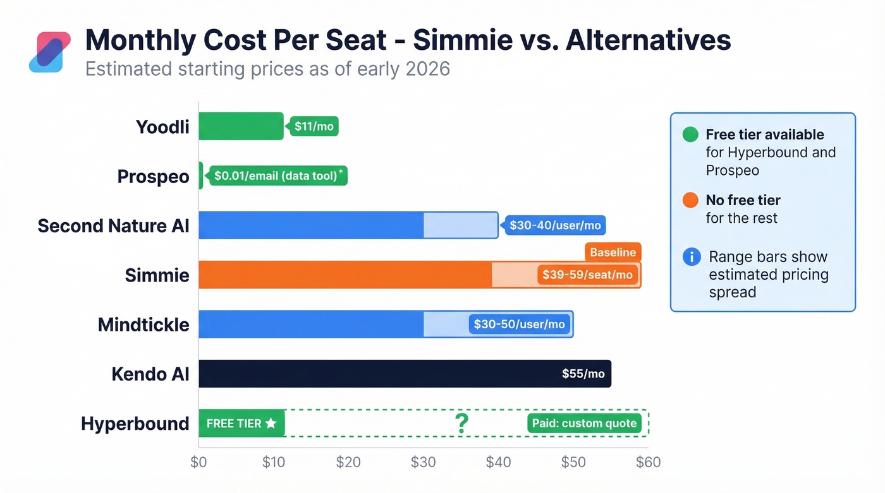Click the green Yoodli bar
pos(241,126)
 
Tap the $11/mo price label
pos(314,126)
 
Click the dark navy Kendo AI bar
pos(379,374)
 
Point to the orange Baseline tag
pos(613,252)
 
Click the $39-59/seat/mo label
pos(587,275)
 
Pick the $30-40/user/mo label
pos(554,225)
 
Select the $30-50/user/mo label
pos(519,324)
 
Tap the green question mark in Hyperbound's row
pos(461,424)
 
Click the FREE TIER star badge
pos(241,424)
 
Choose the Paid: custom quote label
pos(584,424)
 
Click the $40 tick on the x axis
pos(498,462)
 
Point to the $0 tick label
pos(198,462)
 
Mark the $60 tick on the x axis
pos(648,462)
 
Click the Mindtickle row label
pos(143,324)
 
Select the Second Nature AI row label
pos(113,225)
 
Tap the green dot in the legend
pos(691,134)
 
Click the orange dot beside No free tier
pos(691,200)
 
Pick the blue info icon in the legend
pos(692,257)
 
